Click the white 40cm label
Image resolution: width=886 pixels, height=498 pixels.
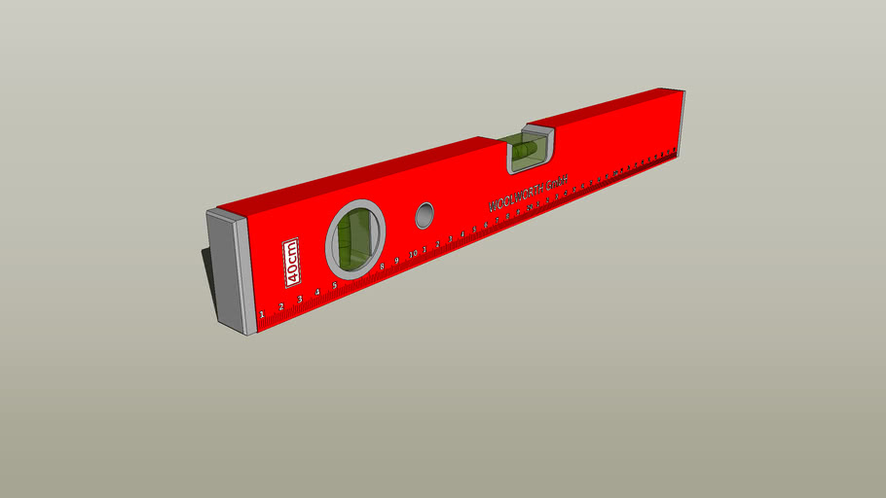click(x=291, y=263)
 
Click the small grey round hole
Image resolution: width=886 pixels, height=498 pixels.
click(x=425, y=215)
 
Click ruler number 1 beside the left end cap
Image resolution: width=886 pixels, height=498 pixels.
click(x=261, y=314)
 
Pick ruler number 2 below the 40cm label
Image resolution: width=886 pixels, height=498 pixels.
click(x=280, y=306)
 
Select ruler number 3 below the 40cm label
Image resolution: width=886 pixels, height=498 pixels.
click(x=299, y=300)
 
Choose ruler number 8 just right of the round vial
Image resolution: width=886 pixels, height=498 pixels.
click(x=383, y=267)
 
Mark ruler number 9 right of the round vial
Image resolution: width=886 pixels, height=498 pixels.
click(x=397, y=261)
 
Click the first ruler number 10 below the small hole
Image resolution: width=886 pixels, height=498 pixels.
click(x=413, y=255)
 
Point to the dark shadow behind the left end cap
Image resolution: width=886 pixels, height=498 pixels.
click(x=207, y=272)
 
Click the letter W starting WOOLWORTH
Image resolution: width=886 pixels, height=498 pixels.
click(x=493, y=206)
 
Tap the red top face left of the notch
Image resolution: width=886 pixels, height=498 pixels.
click(x=370, y=175)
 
